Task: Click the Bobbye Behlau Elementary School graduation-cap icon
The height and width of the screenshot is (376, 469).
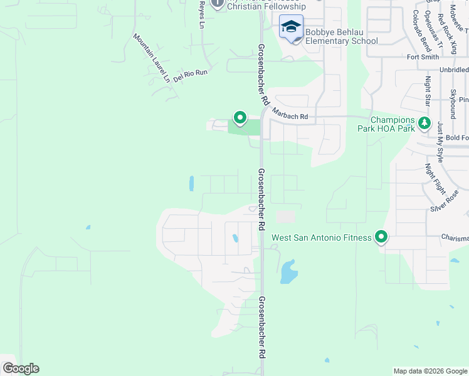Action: (291, 27)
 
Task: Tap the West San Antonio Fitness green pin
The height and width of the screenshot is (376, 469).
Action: (381, 237)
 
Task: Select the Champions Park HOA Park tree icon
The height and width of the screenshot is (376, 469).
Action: (425, 122)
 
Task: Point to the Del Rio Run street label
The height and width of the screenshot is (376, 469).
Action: (191, 74)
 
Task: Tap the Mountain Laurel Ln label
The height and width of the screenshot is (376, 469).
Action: (151, 58)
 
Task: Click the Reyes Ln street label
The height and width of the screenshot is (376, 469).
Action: (201, 14)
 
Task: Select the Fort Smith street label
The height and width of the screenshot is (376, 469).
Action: (422, 57)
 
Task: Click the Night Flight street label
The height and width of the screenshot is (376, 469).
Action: (434, 179)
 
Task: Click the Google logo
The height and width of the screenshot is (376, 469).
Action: (21, 368)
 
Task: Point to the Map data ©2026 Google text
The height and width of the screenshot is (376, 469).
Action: (429, 371)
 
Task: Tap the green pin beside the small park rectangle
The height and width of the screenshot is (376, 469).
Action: (240, 117)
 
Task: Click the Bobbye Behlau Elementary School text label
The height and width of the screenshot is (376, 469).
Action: (342, 36)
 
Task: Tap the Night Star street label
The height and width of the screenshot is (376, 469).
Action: (428, 92)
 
